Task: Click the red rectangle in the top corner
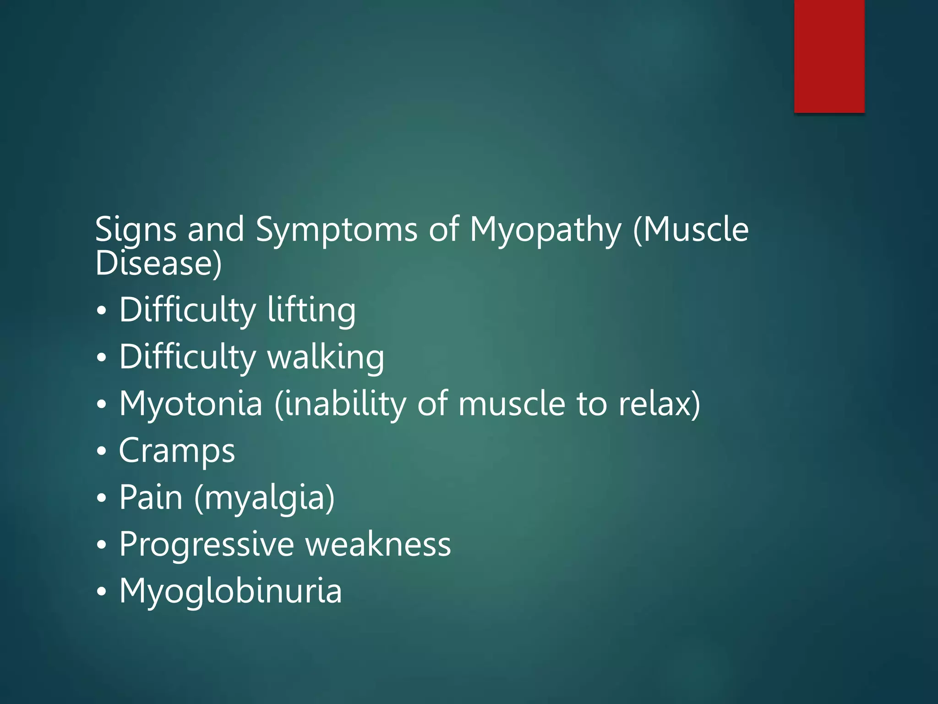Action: [x=829, y=56]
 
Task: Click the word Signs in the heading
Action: [x=136, y=229]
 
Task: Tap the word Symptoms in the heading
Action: [x=336, y=229]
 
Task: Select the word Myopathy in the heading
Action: [x=545, y=229]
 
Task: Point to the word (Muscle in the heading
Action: [x=691, y=229]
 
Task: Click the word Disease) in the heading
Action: [x=158, y=264]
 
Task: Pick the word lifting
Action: [x=311, y=310]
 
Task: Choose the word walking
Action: [x=326, y=357]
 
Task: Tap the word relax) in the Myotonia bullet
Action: [x=659, y=404]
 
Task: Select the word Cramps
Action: [x=177, y=451]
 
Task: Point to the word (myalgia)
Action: [x=264, y=499]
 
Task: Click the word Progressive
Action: [x=207, y=545]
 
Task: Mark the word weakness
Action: [x=378, y=544]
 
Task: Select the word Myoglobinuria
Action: [x=230, y=591]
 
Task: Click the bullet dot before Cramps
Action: [x=102, y=451]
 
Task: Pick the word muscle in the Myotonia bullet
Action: [x=512, y=404]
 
